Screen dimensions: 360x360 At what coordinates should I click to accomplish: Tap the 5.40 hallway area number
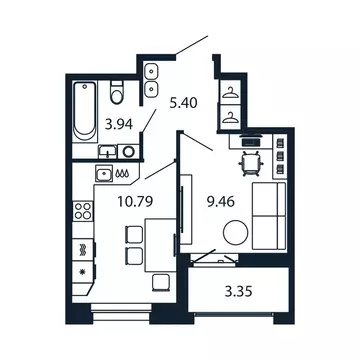tap(183, 101)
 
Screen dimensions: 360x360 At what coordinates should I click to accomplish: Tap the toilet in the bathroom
tap(118, 95)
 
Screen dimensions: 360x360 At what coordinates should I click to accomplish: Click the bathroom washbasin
tap(128, 151)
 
